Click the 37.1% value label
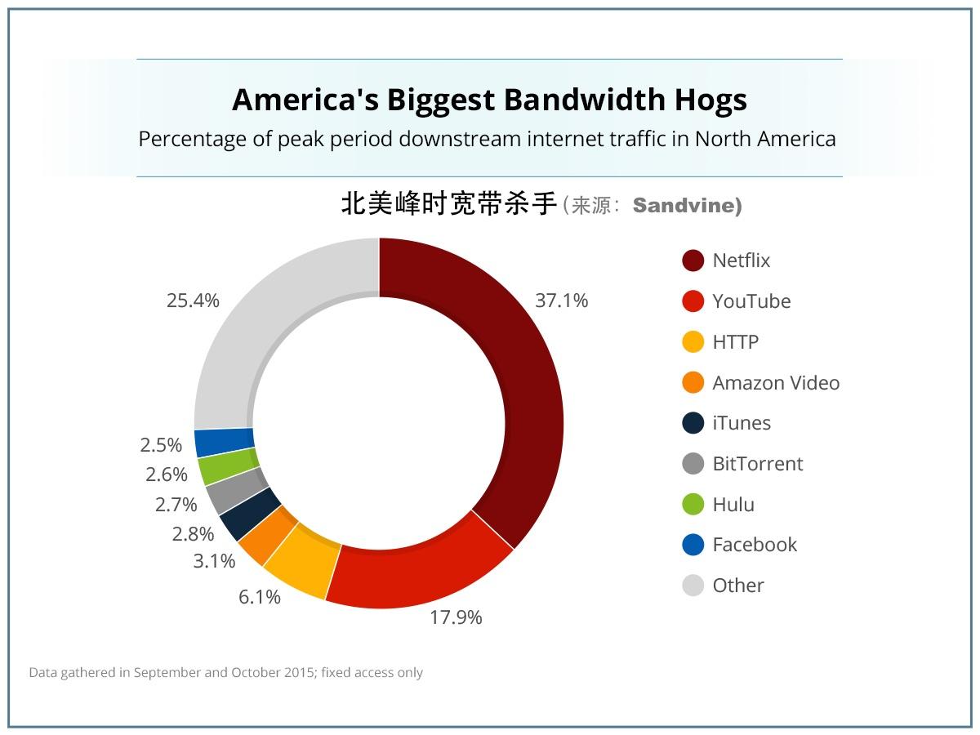click(561, 301)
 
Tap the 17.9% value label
click(456, 617)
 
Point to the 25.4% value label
click(193, 301)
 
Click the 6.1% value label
click(260, 597)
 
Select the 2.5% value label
click(161, 445)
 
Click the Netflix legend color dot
click(693, 261)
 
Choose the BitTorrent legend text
click(757, 464)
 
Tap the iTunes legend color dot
click(693, 423)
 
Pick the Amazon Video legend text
click(775, 383)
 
